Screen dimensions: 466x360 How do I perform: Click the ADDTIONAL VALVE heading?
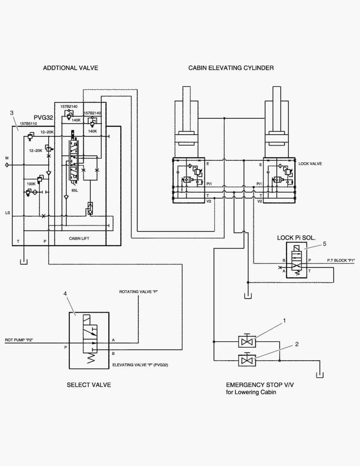70,68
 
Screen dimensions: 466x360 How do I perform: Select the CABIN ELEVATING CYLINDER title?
231,68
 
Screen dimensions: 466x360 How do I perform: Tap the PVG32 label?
44,117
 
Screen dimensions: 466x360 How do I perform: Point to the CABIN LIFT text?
79,238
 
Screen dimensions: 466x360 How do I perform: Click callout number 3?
12,113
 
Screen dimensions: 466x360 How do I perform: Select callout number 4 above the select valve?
65,293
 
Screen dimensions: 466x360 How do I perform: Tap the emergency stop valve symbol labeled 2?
247,360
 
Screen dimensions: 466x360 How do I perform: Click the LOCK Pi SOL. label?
296,237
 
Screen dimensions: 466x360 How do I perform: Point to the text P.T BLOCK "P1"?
341,260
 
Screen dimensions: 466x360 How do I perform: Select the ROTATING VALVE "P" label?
139,292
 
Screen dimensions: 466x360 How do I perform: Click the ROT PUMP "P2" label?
19,340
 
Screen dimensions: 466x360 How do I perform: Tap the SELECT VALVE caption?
88,385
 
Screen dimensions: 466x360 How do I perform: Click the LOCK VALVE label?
310,164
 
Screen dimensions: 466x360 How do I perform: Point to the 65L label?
75,189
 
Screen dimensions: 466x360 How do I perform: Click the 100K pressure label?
31,184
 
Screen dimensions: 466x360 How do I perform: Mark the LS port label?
7,213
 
